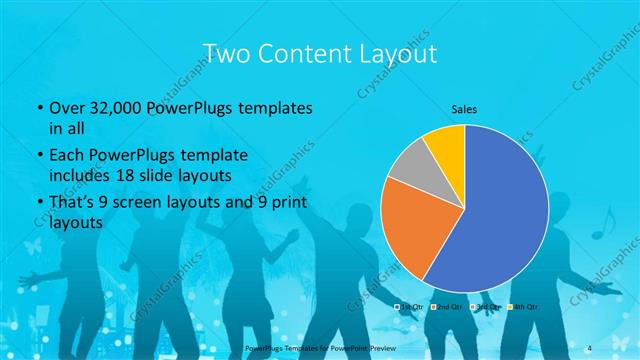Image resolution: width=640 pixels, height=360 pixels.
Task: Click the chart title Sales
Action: click(x=464, y=108)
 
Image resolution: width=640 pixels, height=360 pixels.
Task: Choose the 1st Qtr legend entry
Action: click(x=411, y=306)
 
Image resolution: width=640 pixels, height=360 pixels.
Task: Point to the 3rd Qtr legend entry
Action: click(x=485, y=306)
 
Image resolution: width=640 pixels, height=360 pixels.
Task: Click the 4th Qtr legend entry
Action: click(x=523, y=306)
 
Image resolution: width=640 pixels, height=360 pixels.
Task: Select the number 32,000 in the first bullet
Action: click(x=109, y=106)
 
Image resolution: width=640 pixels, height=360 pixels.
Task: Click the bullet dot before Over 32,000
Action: click(x=38, y=107)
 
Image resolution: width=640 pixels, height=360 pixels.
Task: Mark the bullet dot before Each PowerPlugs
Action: click(x=38, y=156)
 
